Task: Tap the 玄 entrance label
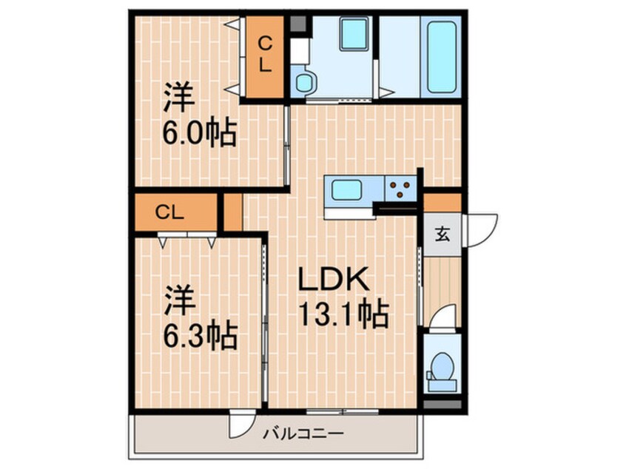(x=442, y=235)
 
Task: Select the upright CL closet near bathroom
(x=265, y=55)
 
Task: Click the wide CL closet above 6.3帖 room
(x=169, y=212)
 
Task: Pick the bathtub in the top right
(x=442, y=55)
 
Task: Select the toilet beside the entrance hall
(x=442, y=367)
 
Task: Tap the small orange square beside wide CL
(x=233, y=212)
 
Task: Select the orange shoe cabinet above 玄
(x=442, y=202)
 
